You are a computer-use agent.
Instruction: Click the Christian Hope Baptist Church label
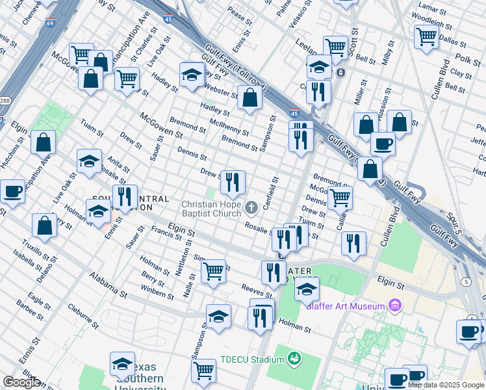point(211,209)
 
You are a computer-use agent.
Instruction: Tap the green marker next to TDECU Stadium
point(294,358)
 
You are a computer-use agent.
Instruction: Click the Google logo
point(21,382)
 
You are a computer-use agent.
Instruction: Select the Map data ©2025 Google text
point(446,385)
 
